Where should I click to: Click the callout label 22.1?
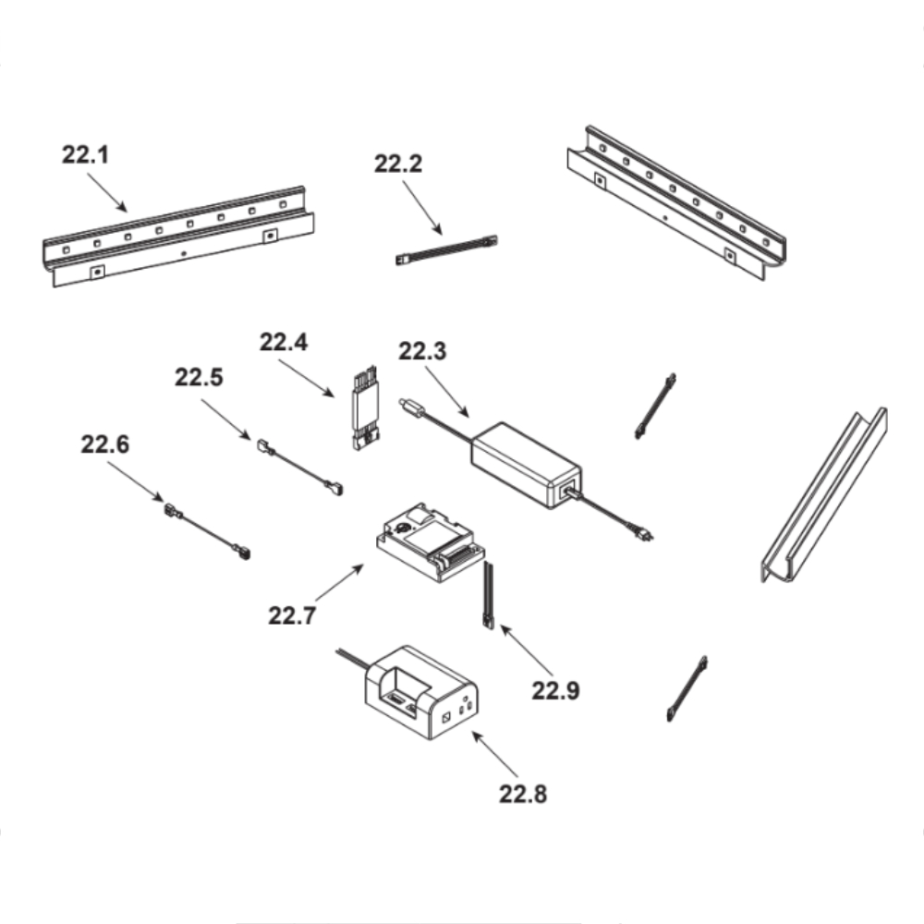pyautogui.click(x=85, y=154)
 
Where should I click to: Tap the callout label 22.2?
pyautogui.click(x=398, y=164)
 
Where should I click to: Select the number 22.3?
pyautogui.click(x=422, y=351)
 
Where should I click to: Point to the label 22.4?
pyautogui.click(x=284, y=342)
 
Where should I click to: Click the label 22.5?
pyautogui.click(x=199, y=377)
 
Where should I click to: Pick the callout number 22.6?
pyautogui.click(x=105, y=444)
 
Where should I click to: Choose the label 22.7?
pyautogui.click(x=292, y=615)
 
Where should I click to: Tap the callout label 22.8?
pyautogui.click(x=523, y=794)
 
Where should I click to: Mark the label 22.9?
pyautogui.click(x=555, y=690)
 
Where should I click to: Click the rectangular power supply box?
pyautogui.click(x=526, y=465)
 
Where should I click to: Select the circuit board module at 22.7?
pyautogui.click(x=431, y=542)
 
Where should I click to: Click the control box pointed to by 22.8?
pyautogui.click(x=421, y=693)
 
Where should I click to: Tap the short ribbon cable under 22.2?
pyautogui.click(x=446, y=249)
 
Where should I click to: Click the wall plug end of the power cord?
pyautogui.click(x=644, y=532)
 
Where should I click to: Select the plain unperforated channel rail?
pyautogui.click(x=824, y=495)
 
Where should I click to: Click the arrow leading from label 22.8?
pyautogui.click(x=495, y=754)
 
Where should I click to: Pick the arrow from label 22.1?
pyautogui.click(x=106, y=192)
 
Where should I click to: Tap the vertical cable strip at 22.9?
pyautogui.click(x=489, y=595)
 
